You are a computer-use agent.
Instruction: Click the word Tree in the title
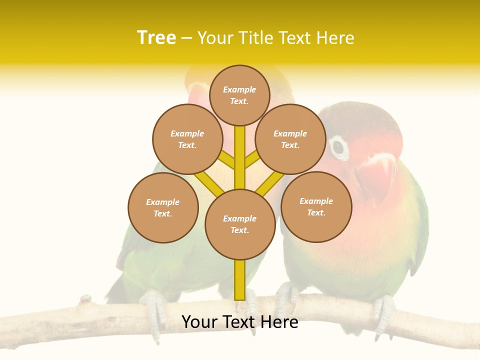(156, 37)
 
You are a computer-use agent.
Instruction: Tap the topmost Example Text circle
(239, 95)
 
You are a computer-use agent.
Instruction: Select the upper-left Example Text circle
(187, 139)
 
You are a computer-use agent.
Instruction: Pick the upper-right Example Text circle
(290, 139)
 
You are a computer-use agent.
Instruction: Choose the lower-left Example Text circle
(163, 207)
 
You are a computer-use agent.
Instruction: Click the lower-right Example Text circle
(316, 206)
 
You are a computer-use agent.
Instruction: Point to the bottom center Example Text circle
(240, 224)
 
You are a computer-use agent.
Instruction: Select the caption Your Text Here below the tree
(240, 321)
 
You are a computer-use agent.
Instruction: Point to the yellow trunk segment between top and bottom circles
(240, 157)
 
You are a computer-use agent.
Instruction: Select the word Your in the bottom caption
(199, 321)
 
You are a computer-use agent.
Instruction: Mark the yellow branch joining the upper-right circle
(252, 160)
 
